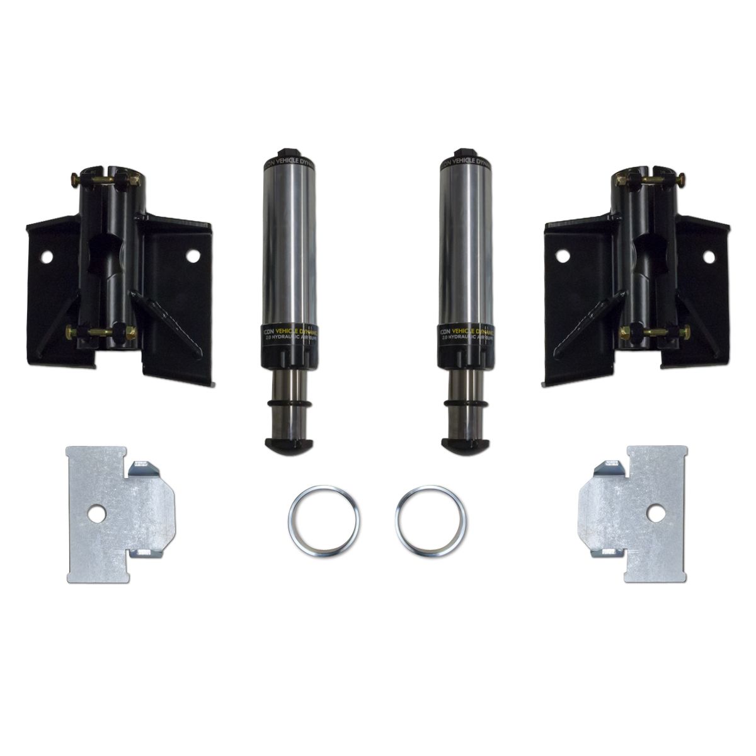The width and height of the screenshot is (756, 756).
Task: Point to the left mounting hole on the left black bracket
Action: coord(46,258)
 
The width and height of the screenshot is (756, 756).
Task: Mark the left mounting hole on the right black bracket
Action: coord(560,257)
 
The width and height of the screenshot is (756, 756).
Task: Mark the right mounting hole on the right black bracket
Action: coord(709,258)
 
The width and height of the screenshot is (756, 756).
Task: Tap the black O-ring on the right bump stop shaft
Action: coord(466,403)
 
